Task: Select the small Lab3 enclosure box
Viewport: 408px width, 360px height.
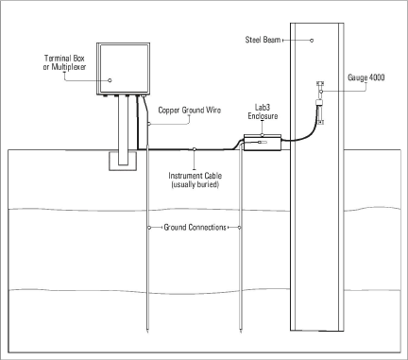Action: coord(262,144)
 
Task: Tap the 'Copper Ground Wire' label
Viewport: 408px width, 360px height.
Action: coord(191,111)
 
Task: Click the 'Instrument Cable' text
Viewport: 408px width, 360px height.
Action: coord(195,176)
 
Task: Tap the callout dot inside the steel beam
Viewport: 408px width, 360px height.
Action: coord(310,40)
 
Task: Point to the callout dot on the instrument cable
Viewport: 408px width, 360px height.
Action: coord(195,148)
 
